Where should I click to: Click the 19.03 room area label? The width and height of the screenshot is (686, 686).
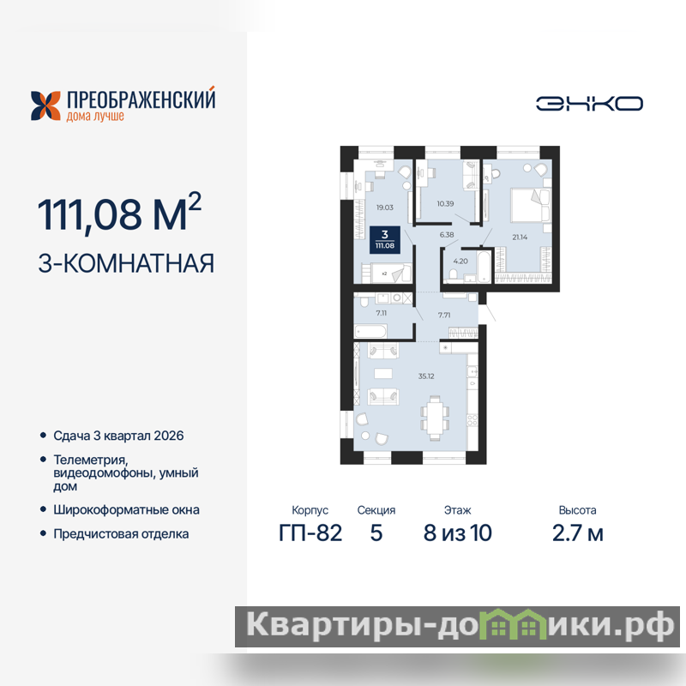384,208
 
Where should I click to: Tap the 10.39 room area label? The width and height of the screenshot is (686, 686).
445,203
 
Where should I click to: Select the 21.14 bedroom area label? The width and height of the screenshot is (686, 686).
520,238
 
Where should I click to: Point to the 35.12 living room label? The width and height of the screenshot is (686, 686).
426,376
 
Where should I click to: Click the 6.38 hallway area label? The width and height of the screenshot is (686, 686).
447,235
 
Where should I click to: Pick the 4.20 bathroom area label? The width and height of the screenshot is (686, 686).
460,262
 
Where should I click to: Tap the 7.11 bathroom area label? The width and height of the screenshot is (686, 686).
381,313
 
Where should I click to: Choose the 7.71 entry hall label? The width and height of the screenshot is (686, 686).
444,315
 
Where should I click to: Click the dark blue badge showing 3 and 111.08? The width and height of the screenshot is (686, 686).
384,239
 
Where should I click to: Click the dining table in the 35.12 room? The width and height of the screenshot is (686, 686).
435,418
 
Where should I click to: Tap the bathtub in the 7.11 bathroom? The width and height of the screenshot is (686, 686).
370,331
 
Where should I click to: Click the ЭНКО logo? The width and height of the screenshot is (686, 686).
589,104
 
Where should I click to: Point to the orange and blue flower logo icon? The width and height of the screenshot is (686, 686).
45,105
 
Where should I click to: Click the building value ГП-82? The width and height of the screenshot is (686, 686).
310,533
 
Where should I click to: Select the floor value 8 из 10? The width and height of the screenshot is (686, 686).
458,533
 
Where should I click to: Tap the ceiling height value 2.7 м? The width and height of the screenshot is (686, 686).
577,533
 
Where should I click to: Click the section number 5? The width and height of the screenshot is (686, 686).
376,533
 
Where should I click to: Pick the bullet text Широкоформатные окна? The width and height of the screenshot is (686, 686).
126,510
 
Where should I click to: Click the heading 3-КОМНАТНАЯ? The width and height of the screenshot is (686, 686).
126,263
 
